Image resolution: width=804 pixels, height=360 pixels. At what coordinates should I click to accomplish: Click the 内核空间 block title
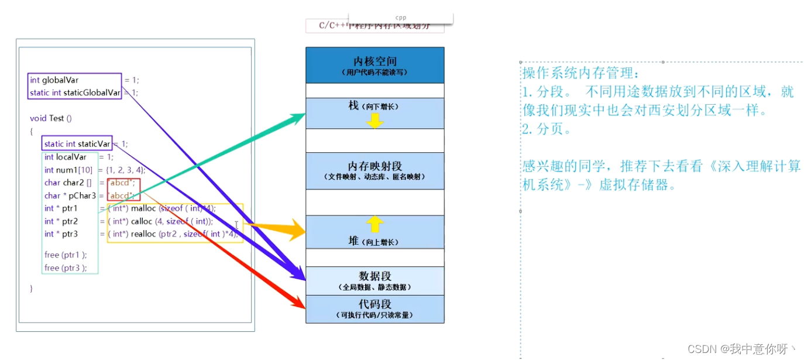click(374, 61)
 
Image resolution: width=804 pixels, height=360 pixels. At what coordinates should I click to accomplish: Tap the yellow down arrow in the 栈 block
click(374, 120)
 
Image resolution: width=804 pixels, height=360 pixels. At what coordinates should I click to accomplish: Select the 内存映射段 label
click(374, 166)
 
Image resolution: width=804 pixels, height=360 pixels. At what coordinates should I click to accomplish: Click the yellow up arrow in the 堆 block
click(374, 224)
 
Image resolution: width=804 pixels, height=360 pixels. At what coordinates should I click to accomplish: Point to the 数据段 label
click(374, 276)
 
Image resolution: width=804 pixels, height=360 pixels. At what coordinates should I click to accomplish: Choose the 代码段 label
click(374, 304)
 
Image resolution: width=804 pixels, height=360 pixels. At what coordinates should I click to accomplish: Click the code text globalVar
click(60, 80)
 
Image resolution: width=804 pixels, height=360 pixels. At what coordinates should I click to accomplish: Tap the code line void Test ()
click(51, 118)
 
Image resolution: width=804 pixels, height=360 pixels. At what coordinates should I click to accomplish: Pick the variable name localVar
click(71, 157)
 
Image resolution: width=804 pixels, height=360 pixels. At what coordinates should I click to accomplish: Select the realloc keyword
click(143, 234)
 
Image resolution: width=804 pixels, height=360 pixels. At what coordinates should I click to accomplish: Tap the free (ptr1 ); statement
click(66, 255)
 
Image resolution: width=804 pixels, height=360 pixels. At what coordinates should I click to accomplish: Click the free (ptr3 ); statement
click(66, 268)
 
